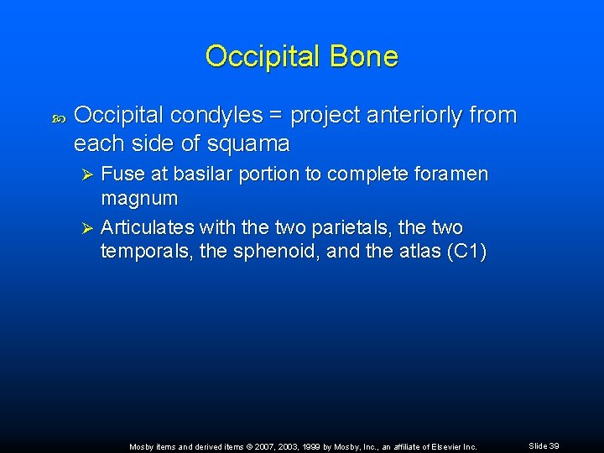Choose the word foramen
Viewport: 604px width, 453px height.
pyautogui.click(x=452, y=174)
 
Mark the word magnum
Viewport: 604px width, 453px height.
pyautogui.click(x=139, y=199)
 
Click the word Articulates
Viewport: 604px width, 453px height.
pyautogui.click(x=146, y=228)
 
